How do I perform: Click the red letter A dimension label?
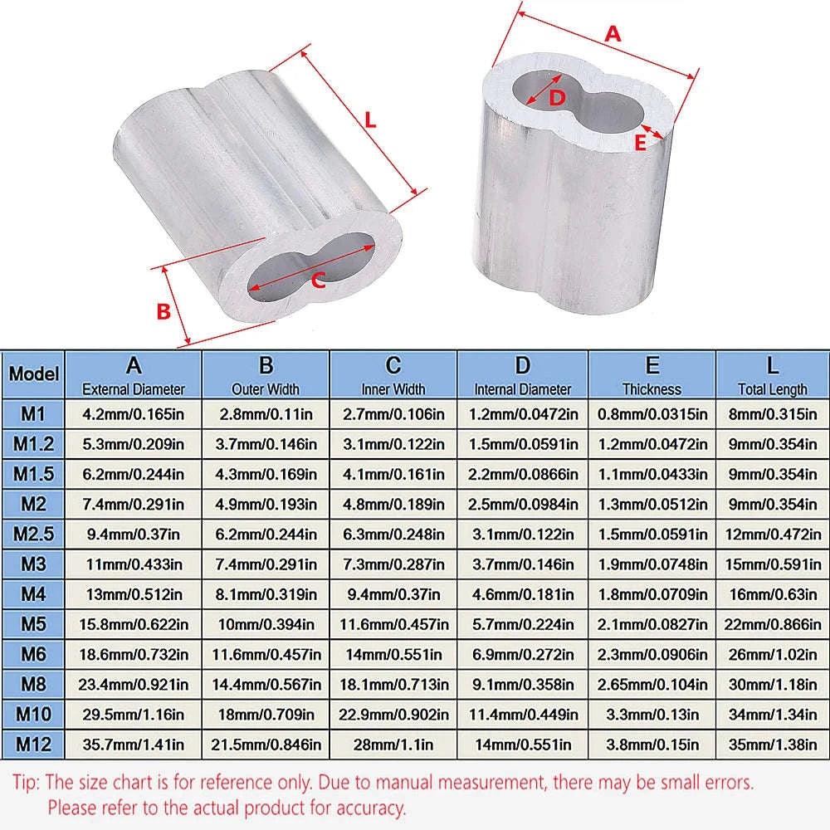(613, 34)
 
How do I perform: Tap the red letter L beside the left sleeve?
(370, 120)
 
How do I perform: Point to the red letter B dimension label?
(164, 311)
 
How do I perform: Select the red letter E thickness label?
(640, 143)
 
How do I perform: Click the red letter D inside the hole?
(558, 97)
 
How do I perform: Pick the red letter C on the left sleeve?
(317, 281)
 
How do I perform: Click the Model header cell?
(34, 373)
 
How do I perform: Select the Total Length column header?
(772, 374)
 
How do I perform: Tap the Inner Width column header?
(393, 374)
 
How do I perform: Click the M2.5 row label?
(34, 533)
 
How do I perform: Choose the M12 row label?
(34, 744)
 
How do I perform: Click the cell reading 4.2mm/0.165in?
(134, 413)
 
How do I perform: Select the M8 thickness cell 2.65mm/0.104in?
(652, 684)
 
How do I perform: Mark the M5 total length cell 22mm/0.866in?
(772, 624)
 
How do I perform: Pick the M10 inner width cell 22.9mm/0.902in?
(393, 714)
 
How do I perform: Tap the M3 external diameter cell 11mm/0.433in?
(134, 564)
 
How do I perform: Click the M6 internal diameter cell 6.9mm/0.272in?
(523, 654)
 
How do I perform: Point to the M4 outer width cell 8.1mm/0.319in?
(266, 593)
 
